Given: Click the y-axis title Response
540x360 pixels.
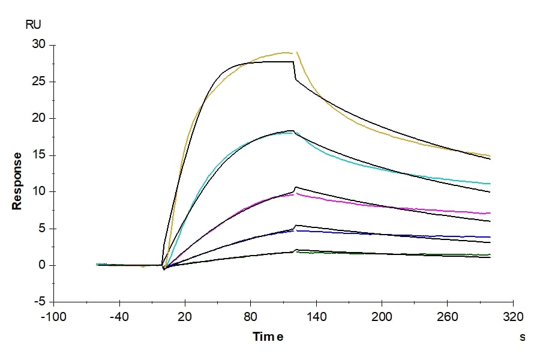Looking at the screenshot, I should pyautogui.click(x=17, y=181).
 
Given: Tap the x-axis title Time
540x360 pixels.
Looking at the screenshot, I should pyautogui.click(x=268, y=337).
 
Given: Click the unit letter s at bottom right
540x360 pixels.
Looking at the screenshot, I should pyautogui.click(x=522, y=337).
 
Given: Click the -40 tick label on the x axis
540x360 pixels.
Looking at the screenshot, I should pyautogui.click(x=119, y=316).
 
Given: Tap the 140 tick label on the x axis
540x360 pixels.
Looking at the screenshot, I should pyautogui.click(x=316, y=316).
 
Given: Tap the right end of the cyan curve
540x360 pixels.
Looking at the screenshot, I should pyautogui.click(x=490, y=184).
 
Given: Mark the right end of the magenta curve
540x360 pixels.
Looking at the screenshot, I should pyautogui.click(x=490, y=213).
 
